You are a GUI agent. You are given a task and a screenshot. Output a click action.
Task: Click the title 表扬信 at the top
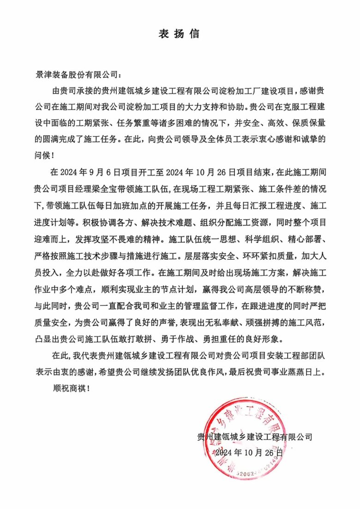tap(180, 34)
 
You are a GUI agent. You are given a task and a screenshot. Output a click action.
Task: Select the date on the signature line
tap(248, 452)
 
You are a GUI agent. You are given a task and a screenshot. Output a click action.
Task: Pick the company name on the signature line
tap(255, 436)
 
